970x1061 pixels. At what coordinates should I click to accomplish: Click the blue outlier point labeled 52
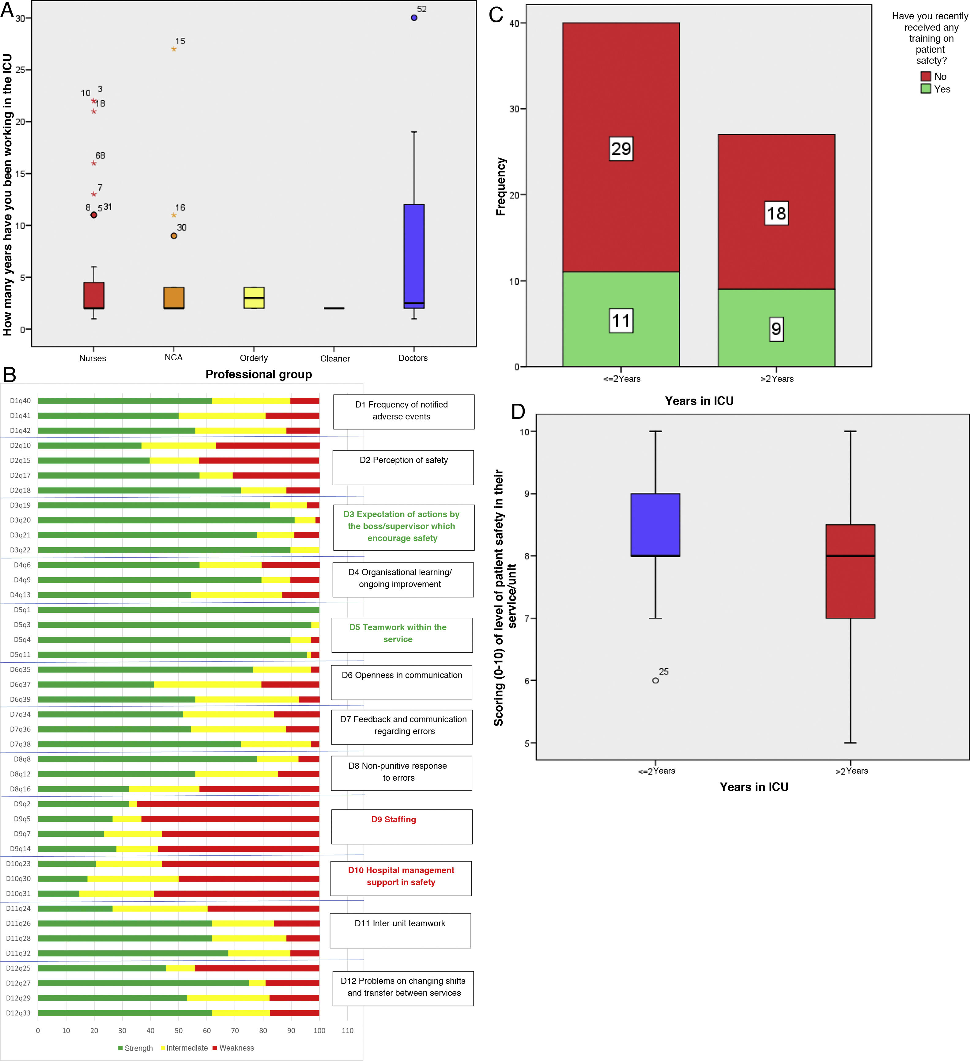point(414,18)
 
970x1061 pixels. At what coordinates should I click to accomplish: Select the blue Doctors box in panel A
point(414,256)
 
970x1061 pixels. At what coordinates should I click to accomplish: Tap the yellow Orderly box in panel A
point(254,298)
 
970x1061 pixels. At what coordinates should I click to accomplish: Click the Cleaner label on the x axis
point(335,358)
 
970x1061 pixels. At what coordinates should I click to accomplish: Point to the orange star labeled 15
point(174,49)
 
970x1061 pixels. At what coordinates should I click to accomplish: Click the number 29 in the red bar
point(621,149)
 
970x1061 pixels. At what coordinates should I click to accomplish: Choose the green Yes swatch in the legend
point(926,89)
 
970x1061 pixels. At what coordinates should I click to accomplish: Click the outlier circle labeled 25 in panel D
point(655,680)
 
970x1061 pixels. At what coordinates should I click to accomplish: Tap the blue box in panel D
point(655,525)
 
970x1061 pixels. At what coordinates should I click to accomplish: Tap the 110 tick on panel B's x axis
point(348,1030)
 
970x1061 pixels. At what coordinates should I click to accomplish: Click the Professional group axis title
point(259,374)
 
